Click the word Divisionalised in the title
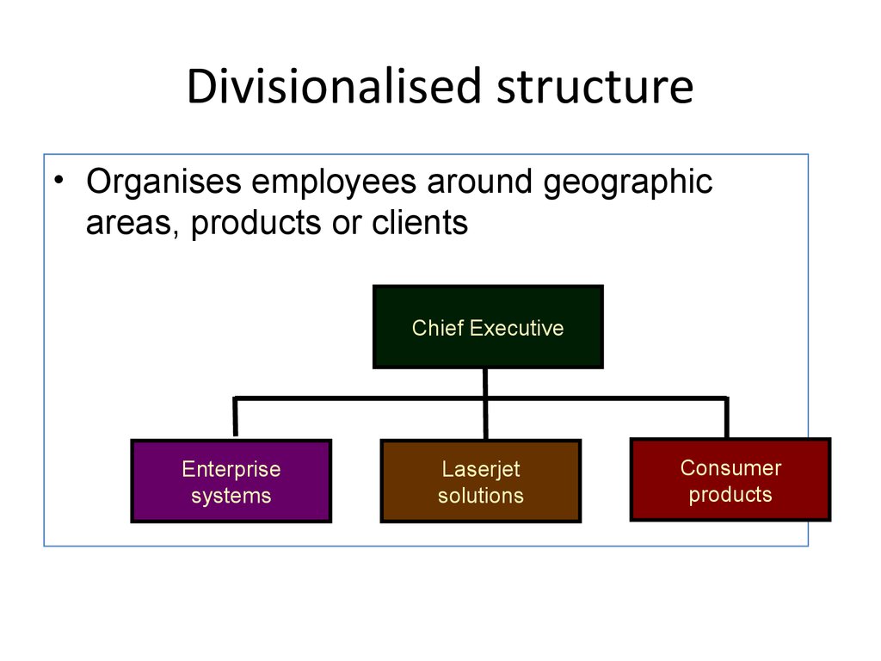pos(335,86)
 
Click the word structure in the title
pos(595,88)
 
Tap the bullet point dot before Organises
pos(59,180)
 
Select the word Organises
pos(164,183)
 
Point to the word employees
pos(334,183)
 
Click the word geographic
pos(628,183)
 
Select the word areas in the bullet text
pos(132,224)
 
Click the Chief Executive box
pos(489,327)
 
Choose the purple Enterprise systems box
pos(231,481)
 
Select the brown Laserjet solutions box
pos(481,481)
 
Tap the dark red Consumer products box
pos(730,479)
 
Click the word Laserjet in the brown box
pos(481,470)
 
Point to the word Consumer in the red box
pos(730,467)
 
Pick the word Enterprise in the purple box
pos(231,470)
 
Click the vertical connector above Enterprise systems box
pos(236,417)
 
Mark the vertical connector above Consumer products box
pos(727,417)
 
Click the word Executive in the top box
pos(516,328)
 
